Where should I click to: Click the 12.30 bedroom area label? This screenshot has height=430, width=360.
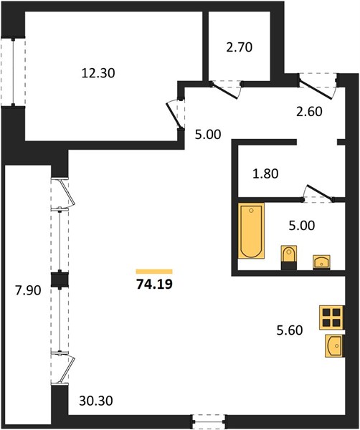pyautogui.click(x=98, y=73)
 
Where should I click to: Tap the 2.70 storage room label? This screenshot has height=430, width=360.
pyautogui.click(x=240, y=47)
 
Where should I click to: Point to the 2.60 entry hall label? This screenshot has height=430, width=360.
pyautogui.click(x=309, y=112)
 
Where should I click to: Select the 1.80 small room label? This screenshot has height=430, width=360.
pyautogui.click(x=265, y=173)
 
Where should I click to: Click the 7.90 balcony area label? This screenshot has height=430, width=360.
pyautogui.click(x=28, y=290)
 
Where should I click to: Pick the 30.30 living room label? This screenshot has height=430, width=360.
pyautogui.click(x=96, y=401)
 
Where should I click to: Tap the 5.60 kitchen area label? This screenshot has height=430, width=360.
pyautogui.click(x=290, y=330)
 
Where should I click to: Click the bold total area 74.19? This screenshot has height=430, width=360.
pyautogui.click(x=154, y=284)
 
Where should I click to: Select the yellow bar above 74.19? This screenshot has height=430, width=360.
pyautogui.click(x=154, y=272)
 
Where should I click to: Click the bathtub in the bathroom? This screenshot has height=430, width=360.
pyautogui.click(x=251, y=231)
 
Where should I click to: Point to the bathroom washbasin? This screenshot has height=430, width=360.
pyautogui.click(x=321, y=262)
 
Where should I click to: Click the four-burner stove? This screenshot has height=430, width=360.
pyautogui.click(x=331, y=317)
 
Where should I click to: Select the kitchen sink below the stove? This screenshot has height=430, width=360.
pyautogui.click(x=334, y=345)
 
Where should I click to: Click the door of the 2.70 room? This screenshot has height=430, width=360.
pyautogui.click(x=226, y=90)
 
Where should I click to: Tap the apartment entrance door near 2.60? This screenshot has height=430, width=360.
pyautogui.click(x=318, y=87)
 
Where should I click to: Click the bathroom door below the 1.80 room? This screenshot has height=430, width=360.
pyautogui.click(x=318, y=193)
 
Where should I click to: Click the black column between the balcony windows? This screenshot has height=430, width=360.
pyautogui.click(x=60, y=279)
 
